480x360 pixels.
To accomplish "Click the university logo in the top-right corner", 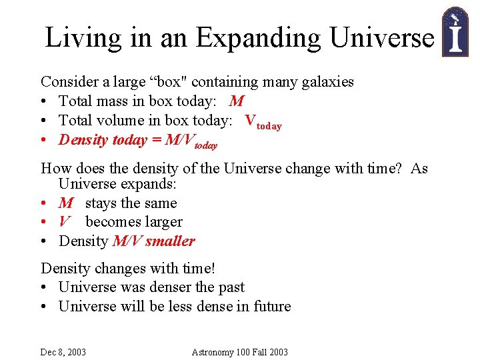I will point(456,31).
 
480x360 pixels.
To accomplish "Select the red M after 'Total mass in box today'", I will point(236,101).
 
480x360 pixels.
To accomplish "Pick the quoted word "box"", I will point(174,82).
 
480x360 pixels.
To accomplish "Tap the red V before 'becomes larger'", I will point(65,222).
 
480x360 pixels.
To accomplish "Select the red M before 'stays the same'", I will point(66,203).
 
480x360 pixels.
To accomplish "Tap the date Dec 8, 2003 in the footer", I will point(63,352).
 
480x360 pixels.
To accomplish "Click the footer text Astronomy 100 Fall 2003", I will point(239,352).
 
